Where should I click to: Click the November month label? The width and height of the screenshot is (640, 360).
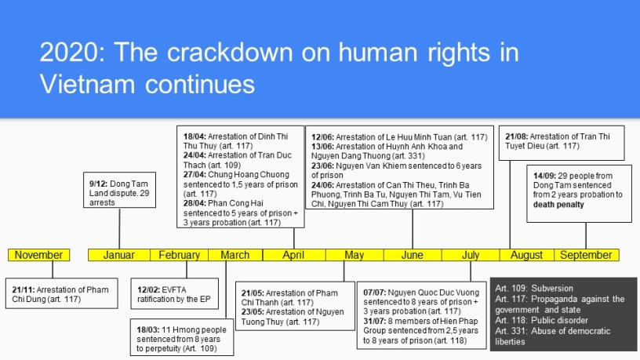(38, 255)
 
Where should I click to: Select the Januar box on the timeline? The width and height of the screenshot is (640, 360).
(119, 255)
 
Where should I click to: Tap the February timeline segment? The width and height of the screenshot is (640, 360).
(179, 255)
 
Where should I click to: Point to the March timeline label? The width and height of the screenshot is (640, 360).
(235, 255)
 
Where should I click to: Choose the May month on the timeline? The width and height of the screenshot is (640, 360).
(355, 255)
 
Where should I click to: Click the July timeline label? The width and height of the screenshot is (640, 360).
(471, 255)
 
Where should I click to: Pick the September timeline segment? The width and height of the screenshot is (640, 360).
(586, 255)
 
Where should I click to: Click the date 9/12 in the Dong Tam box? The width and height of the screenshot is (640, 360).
(98, 184)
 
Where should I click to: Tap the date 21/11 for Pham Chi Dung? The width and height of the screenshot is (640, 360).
(24, 289)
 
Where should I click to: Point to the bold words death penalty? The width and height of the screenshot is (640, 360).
(558, 205)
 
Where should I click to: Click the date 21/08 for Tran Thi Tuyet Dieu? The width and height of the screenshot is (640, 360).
(517, 136)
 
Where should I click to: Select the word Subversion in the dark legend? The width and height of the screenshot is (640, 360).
(552, 288)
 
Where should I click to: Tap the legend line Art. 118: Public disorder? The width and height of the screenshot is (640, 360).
(542, 321)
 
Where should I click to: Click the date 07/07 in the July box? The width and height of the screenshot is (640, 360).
(375, 293)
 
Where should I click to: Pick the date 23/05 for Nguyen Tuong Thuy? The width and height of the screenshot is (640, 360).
(253, 312)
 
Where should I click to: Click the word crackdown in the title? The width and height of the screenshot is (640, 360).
(229, 53)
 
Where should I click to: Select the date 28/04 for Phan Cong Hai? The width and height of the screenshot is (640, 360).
(195, 203)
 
